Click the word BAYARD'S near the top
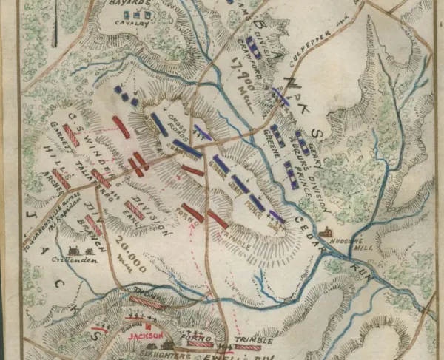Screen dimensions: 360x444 [137, 5]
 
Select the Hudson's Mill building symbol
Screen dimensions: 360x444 [329, 231]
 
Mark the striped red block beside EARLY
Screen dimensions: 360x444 [134, 210]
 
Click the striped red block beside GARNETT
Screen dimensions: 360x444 [71, 135]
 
